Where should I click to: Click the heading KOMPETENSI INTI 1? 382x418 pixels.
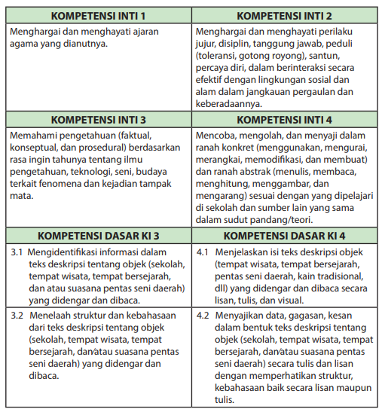[x=98, y=15]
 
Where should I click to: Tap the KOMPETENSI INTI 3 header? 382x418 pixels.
[x=98, y=119]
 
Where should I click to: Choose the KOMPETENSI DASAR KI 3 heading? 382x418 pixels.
[x=98, y=234]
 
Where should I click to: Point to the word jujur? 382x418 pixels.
[x=206, y=44]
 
